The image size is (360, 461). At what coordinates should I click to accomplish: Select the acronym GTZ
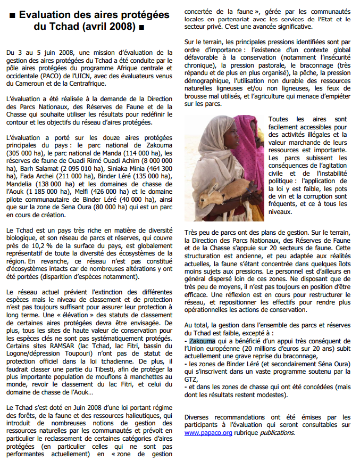click(x=191, y=379)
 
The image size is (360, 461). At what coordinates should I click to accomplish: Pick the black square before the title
click(x=12, y=16)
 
